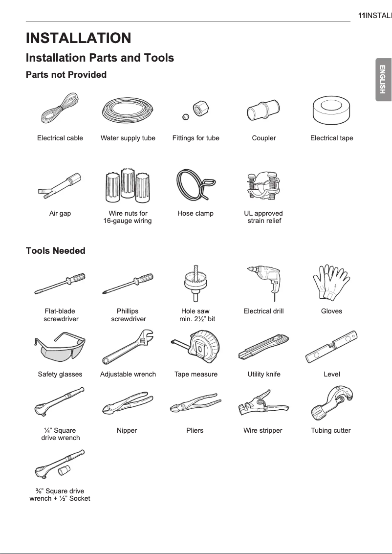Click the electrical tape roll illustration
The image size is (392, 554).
[332, 111]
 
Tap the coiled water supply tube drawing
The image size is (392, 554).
[128, 111]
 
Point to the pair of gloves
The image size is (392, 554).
[331, 282]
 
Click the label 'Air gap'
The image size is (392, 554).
[60, 213]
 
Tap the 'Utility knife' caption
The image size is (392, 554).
[264, 374]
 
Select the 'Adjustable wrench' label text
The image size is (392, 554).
[128, 374]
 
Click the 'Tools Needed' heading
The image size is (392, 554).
[55, 251]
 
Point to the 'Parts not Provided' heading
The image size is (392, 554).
[66, 75]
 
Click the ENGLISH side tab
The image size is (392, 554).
[383, 79]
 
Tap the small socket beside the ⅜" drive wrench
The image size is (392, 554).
[63, 469]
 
